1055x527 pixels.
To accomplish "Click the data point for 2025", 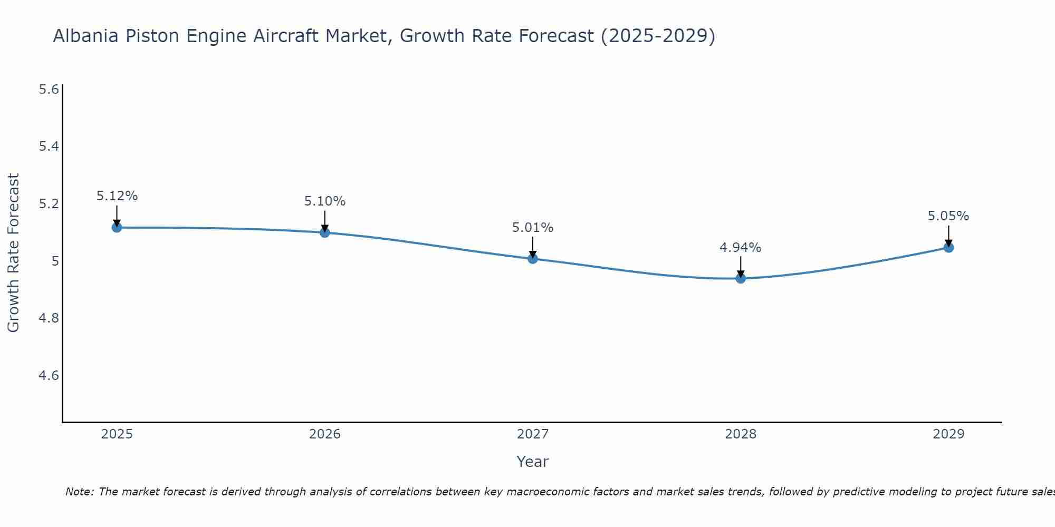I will click(x=117, y=227).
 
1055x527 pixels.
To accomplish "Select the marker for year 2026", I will click(x=324, y=232).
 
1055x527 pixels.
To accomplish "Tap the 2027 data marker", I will click(x=532, y=258).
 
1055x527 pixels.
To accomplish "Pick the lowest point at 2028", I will click(x=740, y=278).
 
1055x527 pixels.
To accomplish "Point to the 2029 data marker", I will click(x=948, y=247).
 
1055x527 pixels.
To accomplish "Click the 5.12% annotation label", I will click(x=117, y=196).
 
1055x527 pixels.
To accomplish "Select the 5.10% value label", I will click(x=324, y=201).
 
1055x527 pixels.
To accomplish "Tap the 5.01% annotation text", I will click(x=532, y=228).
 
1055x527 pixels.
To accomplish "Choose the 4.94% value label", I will click(x=740, y=248).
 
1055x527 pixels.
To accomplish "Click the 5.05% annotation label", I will click(x=948, y=216).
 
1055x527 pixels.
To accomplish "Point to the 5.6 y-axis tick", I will click(x=49, y=90).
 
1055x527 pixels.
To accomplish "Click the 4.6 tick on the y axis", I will click(x=49, y=376).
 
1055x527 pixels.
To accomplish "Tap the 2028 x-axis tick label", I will click(x=740, y=434).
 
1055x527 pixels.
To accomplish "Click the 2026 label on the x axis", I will click(x=324, y=434).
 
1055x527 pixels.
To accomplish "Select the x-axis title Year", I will click(x=532, y=462).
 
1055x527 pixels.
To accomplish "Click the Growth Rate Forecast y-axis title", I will click(x=13, y=253).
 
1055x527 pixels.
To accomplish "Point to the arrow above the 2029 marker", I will click(x=948, y=236).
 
